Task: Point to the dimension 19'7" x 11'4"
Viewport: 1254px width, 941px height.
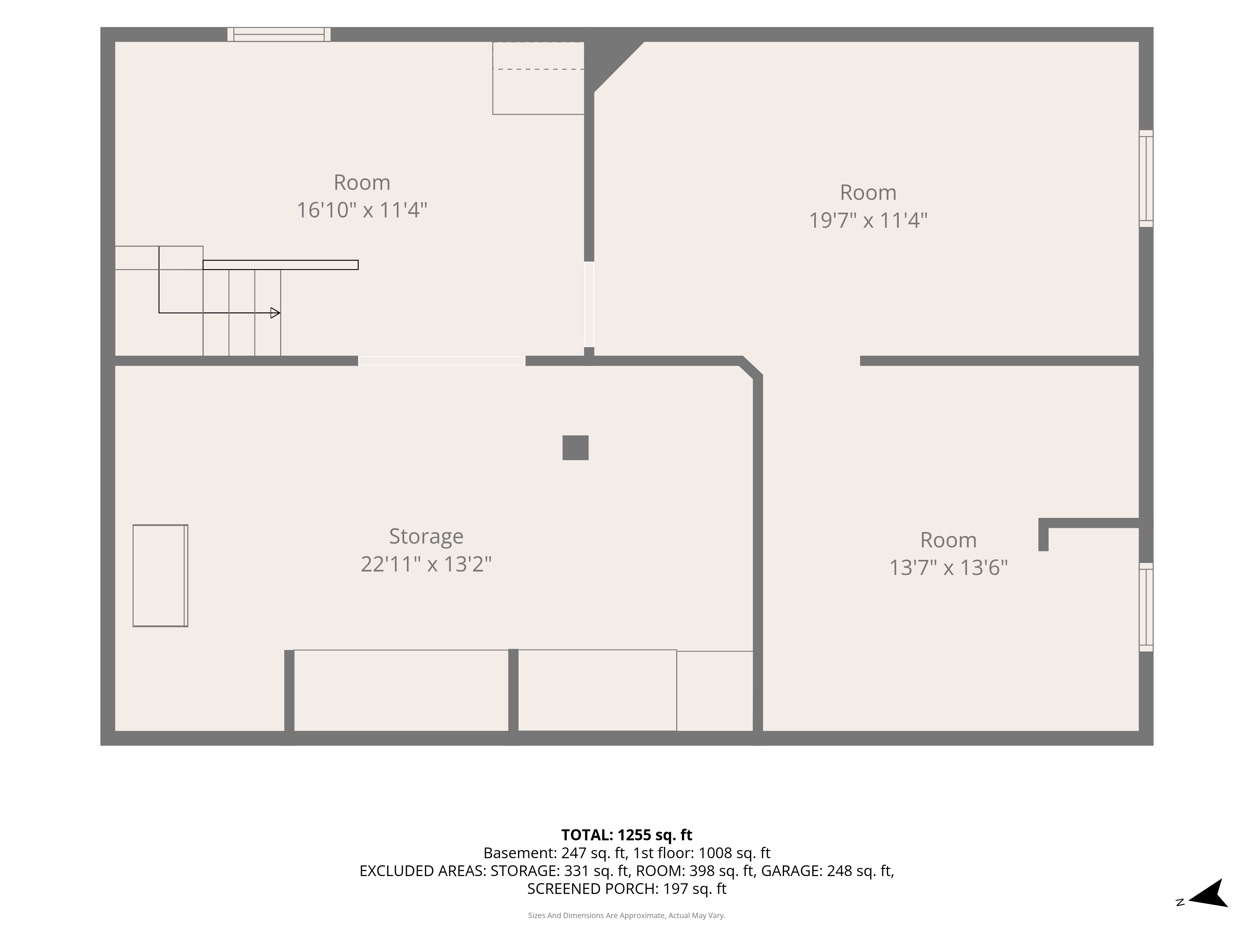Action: (868, 220)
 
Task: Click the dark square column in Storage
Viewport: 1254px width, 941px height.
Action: (575, 448)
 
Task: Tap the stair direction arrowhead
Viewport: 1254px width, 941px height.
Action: (275, 312)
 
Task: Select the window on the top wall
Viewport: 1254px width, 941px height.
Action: (279, 34)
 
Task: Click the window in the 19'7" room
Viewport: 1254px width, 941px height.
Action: (1146, 179)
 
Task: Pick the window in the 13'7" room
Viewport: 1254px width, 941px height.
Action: (1146, 607)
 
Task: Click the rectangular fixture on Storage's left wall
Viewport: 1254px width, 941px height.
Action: (161, 576)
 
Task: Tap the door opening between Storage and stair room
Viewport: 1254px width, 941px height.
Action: (442, 361)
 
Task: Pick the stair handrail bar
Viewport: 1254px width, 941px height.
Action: (281, 265)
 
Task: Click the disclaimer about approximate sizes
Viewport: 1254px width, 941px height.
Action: (626, 916)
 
